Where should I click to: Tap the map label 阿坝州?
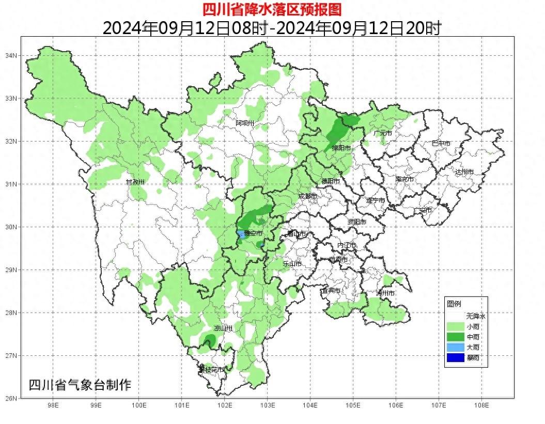(x=245, y=123)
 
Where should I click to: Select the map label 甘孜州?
(x=135, y=182)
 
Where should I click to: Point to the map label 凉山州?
(x=223, y=328)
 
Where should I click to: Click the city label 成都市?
(x=308, y=196)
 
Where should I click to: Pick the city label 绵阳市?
(x=341, y=148)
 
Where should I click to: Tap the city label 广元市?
(x=383, y=133)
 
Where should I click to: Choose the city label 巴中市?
(x=441, y=144)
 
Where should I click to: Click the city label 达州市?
(x=464, y=171)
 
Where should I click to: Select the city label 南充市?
(x=404, y=180)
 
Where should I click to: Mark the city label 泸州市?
(x=385, y=293)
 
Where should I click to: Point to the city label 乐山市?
(x=292, y=263)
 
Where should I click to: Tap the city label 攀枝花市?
(x=212, y=370)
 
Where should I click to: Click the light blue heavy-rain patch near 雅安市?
(x=241, y=234)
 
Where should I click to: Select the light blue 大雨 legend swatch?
(x=455, y=347)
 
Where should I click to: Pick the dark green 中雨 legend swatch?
(x=455, y=337)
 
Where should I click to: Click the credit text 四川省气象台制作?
(x=80, y=385)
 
